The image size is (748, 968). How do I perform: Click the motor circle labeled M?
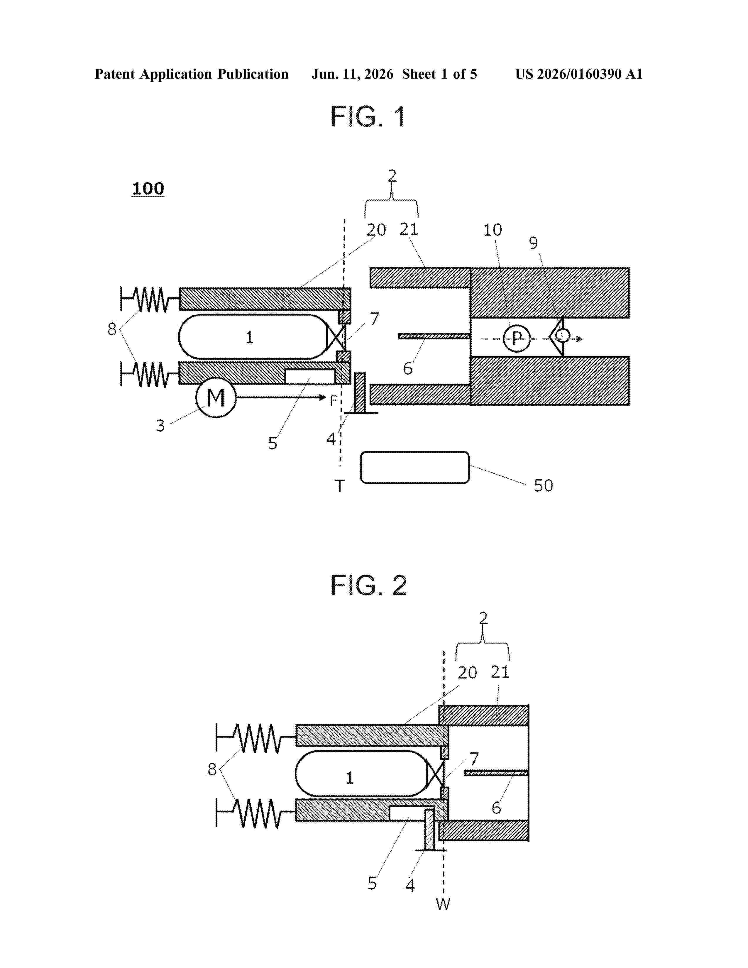coord(216,397)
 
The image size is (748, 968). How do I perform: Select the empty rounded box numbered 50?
coord(415,467)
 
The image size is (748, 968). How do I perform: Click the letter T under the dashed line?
coord(339,486)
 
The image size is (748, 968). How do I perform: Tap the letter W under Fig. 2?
coord(443,904)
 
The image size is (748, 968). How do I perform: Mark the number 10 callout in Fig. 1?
coord(492,230)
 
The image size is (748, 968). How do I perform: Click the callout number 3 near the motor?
coord(160,426)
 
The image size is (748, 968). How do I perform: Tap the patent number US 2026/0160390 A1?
coord(579,74)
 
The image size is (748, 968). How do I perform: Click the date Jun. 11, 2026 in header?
coord(352,74)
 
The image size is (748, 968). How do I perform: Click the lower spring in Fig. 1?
coord(150,374)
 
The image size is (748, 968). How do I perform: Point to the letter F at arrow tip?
coord(334,401)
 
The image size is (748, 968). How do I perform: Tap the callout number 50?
coord(543,485)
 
